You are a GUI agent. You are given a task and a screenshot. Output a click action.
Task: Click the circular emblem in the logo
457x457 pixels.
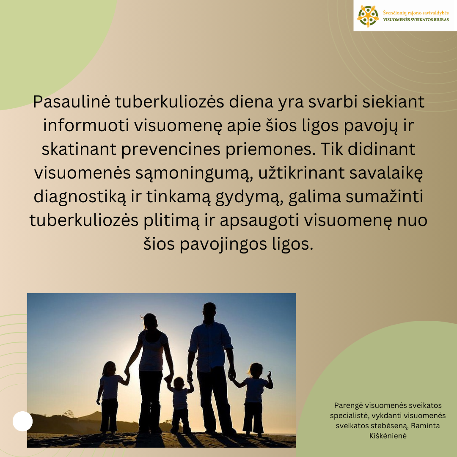[368, 17]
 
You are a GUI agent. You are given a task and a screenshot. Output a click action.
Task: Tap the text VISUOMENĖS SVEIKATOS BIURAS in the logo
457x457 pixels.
[416, 20]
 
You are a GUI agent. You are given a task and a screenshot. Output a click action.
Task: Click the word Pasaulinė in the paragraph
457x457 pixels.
[72, 102]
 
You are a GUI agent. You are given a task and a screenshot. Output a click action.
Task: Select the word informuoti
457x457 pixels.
[86, 126]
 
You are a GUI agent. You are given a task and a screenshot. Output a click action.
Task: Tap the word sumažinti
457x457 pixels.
[384, 196]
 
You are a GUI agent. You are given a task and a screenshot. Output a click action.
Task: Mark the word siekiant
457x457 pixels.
[393, 102]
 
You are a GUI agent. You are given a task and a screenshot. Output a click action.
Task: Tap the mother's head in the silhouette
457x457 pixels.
[150, 322]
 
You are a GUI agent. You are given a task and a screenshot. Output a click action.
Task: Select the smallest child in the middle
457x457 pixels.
[179, 405]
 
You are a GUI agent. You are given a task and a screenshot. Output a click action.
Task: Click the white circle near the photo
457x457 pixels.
[22, 421]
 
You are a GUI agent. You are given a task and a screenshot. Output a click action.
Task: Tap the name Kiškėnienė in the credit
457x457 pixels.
[388, 436]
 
